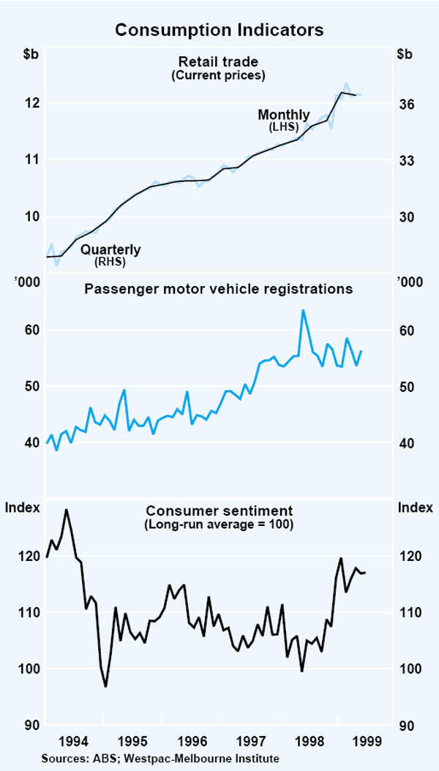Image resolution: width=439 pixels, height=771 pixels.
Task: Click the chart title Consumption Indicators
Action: pyautogui.click(x=219, y=30)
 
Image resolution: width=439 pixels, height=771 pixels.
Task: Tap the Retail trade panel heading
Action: pyautogui.click(x=219, y=61)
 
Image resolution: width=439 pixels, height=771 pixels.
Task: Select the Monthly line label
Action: pyautogui.click(x=284, y=115)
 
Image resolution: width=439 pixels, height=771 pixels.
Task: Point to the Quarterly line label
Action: pyautogui.click(x=110, y=249)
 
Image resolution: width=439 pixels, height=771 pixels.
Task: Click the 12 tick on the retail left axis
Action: pyautogui.click(x=31, y=103)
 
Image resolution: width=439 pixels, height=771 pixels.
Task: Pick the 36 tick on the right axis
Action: pyautogui.click(x=406, y=105)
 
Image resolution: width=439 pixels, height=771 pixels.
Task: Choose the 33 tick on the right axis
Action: pyautogui.click(x=406, y=161)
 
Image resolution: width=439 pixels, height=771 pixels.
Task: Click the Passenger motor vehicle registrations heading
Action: pyautogui.click(x=219, y=289)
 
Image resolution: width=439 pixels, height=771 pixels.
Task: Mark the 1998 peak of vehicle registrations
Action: pyautogui.click(x=303, y=310)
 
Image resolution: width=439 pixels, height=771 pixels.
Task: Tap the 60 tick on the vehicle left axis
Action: pyautogui.click(x=31, y=330)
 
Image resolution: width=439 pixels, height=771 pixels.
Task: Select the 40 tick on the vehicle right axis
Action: pyautogui.click(x=406, y=443)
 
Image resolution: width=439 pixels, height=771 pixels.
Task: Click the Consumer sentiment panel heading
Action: pyautogui.click(x=219, y=511)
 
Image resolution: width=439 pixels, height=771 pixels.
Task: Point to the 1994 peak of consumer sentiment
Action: pyautogui.click(x=67, y=510)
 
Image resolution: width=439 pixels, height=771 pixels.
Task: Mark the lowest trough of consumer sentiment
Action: pyautogui.click(x=106, y=686)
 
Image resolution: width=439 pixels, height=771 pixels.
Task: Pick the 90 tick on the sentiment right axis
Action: pyautogui.click(x=406, y=726)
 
